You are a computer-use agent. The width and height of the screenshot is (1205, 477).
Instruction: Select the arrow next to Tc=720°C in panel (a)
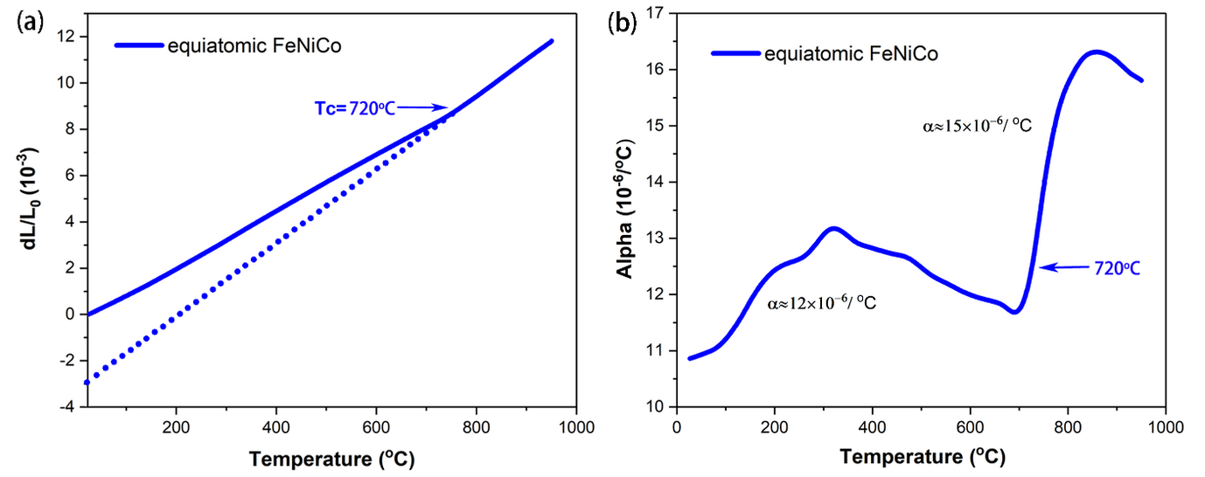tap(425, 108)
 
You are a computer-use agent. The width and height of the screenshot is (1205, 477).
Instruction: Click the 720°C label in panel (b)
tap(1116, 268)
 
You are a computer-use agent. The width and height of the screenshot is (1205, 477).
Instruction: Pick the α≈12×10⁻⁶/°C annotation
tap(822, 303)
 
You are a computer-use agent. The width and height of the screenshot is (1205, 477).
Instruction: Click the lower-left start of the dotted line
tap(87, 382)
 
